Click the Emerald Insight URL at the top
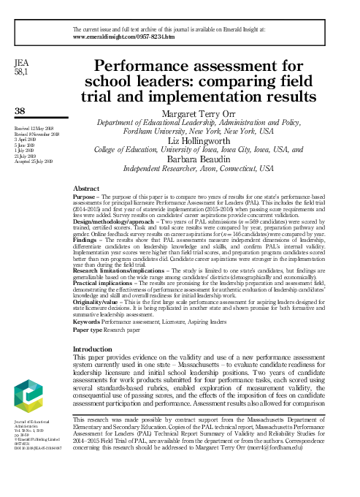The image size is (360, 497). tap(124, 36)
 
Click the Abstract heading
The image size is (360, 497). tap(88, 189)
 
